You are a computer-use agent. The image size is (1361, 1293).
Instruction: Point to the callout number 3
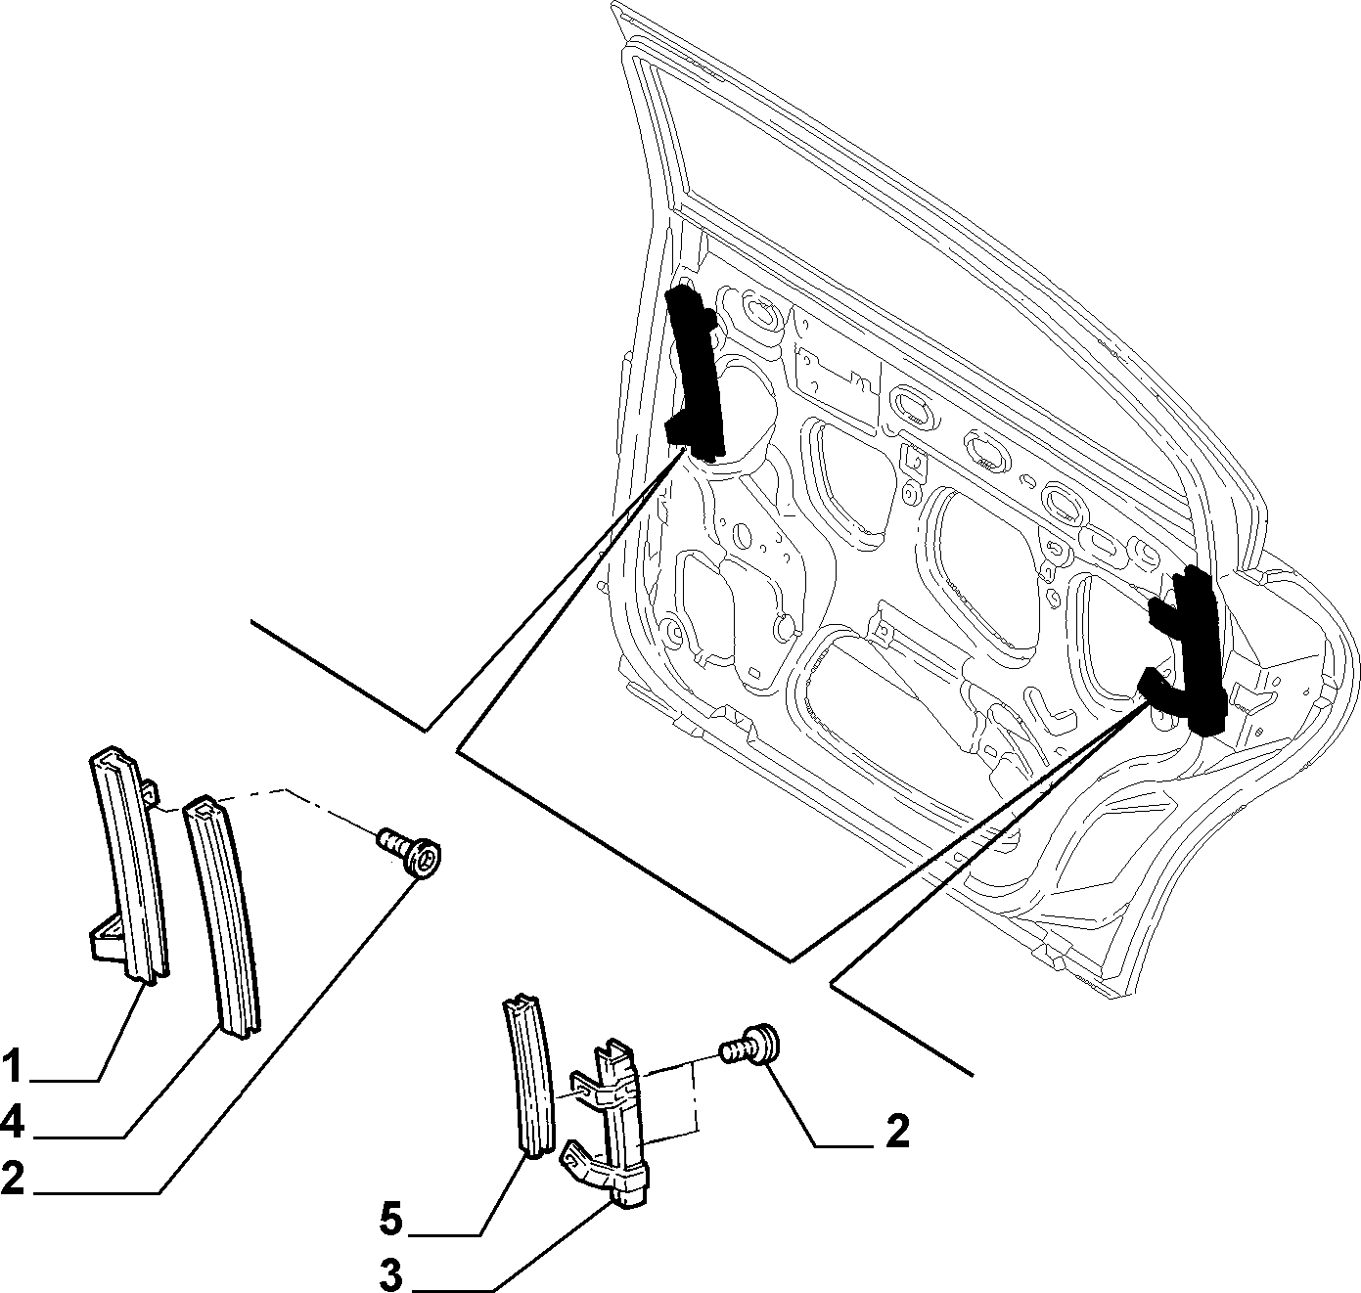(x=391, y=1274)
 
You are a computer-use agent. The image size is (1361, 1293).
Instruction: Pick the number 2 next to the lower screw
(x=897, y=1132)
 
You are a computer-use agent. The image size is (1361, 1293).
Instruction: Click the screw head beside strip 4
(x=424, y=859)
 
